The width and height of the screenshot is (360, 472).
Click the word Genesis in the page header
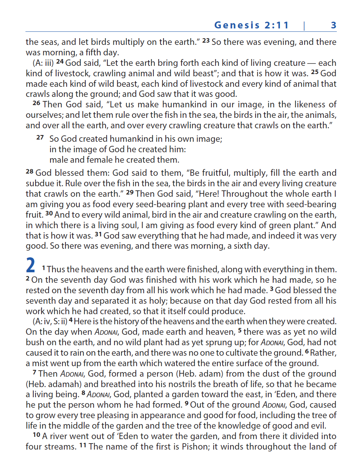(x=237, y=25)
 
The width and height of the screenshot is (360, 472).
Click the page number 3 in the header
(x=333, y=25)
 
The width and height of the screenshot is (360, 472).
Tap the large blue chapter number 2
(x=31, y=265)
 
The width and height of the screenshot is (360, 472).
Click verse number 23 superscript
(x=206, y=40)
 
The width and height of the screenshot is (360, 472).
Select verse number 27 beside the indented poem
(x=40, y=138)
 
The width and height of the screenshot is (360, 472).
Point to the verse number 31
(x=98, y=234)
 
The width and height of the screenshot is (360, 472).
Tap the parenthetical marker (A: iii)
(x=43, y=63)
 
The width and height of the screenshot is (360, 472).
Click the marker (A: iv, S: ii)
(x=50, y=321)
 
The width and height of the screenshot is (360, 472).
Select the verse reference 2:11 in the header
(x=277, y=25)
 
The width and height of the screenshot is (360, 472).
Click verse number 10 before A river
(x=36, y=435)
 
